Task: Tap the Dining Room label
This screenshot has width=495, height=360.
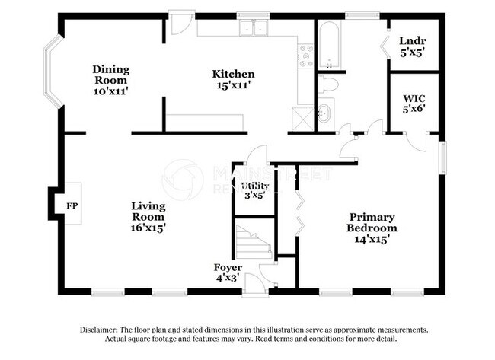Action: point(111,74)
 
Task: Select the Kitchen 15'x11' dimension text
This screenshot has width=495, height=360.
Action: point(233,85)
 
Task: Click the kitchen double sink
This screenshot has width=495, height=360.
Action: point(253,29)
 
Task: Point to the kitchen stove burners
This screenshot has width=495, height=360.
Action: point(306,53)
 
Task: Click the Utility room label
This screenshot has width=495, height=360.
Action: point(254,186)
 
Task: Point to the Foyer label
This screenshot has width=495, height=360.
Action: point(228,268)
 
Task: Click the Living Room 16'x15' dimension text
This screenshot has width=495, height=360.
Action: point(148,227)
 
